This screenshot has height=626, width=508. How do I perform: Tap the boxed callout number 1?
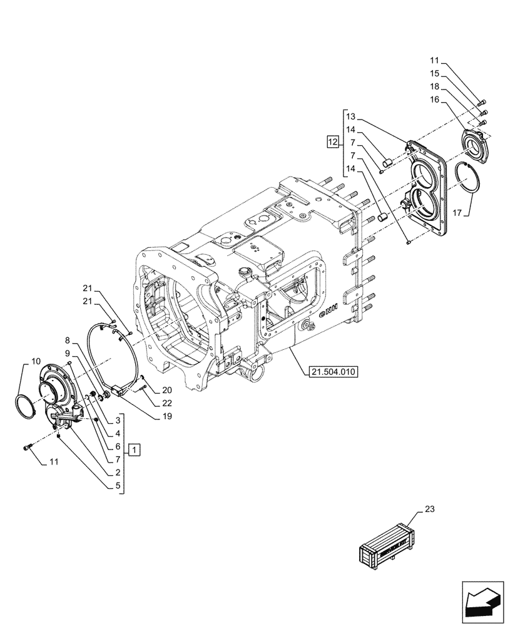[136, 449]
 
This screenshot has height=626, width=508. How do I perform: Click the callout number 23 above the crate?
[429, 510]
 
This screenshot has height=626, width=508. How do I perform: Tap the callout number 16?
[434, 99]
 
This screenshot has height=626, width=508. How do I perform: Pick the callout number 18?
[434, 86]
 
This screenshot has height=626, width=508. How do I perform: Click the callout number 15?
[434, 73]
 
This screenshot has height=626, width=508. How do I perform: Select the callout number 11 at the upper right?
[434, 60]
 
